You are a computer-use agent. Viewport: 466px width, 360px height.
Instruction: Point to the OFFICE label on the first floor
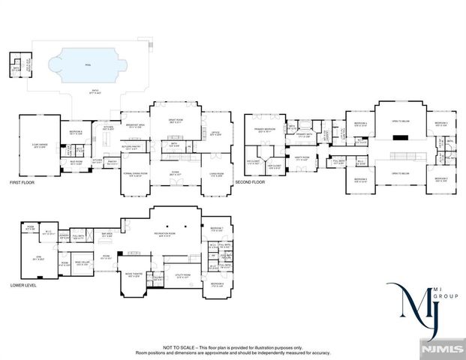(215, 133)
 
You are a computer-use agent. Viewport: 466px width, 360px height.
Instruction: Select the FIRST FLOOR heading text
(22, 182)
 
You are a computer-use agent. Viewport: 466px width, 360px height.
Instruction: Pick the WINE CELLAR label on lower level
(82, 262)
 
